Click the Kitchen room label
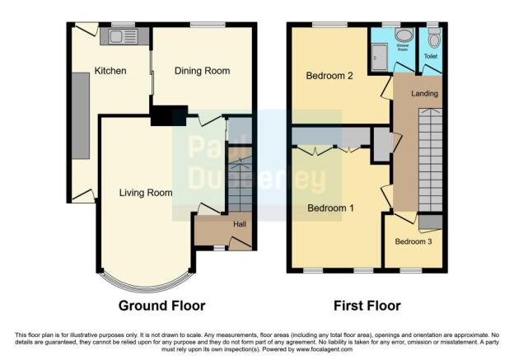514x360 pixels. (x=110, y=72)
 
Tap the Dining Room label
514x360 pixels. (x=202, y=72)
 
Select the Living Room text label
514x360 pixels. (x=146, y=194)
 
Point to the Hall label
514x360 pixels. (x=239, y=224)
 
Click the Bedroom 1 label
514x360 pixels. (x=330, y=208)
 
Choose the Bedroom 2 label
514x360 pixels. (x=329, y=77)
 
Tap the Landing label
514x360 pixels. (x=425, y=94)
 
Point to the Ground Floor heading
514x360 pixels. (x=161, y=306)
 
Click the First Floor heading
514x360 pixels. (x=367, y=306)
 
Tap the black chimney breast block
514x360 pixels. (x=168, y=116)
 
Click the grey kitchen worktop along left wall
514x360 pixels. (x=81, y=115)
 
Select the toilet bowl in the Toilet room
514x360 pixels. (x=433, y=37)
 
